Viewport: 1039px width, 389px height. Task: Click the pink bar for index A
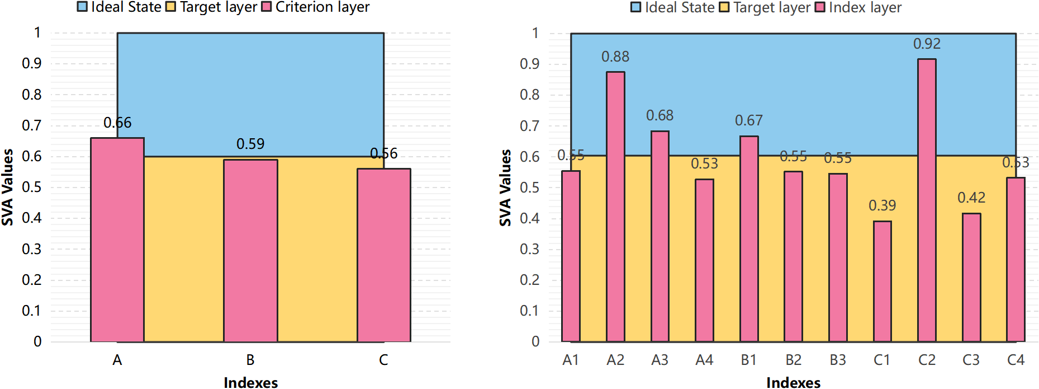click(117, 241)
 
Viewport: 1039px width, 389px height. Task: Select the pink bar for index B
click(250, 252)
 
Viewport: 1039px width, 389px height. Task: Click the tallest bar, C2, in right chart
click(927, 201)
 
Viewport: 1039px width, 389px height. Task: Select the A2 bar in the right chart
click(615, 207)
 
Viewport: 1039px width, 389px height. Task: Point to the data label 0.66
click(117, 123)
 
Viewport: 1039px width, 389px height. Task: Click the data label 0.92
click(927, 44)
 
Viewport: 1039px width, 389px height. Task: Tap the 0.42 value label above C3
click(971, 198)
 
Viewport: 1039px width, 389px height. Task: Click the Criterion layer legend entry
click(316, 7)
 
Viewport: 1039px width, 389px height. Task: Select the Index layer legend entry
click(858, 7)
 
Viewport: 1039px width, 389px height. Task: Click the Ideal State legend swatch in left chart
click(82, 7)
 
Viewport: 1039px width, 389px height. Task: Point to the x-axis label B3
click(837, 360)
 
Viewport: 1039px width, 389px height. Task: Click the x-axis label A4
click(704, 360)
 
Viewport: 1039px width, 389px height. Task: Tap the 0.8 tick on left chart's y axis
click(32, 95)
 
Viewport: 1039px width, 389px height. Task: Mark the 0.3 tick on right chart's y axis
click(529, 249)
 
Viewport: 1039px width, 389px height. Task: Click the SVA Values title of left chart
click(7, 187)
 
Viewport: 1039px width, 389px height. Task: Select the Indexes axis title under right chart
click(793, 382)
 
